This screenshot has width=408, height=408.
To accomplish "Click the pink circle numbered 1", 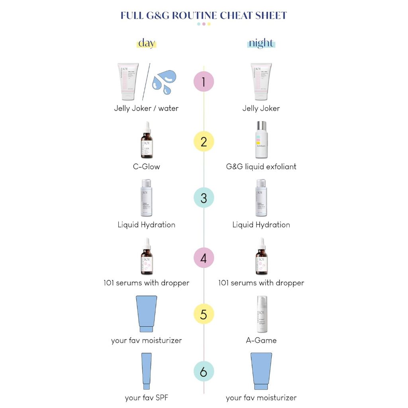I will click(x=204, y=82).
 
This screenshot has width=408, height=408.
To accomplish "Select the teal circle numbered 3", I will click(x=204, y=198).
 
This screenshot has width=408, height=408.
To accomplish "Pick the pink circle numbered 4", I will click(x=204, y=258).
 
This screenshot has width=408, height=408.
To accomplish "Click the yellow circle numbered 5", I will click(x=204, y=314).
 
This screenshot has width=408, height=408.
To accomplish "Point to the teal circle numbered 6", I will click(x=204, y=372).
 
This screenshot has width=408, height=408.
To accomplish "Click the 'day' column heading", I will click(x=146, y=43).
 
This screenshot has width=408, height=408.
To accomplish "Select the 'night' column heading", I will click(x=261, y=43).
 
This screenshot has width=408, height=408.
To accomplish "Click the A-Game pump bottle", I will click(x=262, y=314).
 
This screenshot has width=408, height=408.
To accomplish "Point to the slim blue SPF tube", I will click(x=146, y=371).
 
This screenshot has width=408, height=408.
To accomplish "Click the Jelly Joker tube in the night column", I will click(x=261, y=81).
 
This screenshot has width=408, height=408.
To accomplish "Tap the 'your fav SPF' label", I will click(x=146, y=397).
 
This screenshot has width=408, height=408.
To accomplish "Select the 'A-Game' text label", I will click(x=261, y=340).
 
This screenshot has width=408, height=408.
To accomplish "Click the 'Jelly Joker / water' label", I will click(x=146, y=108).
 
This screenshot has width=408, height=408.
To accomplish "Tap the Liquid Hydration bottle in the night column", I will click(x=261, y=198).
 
